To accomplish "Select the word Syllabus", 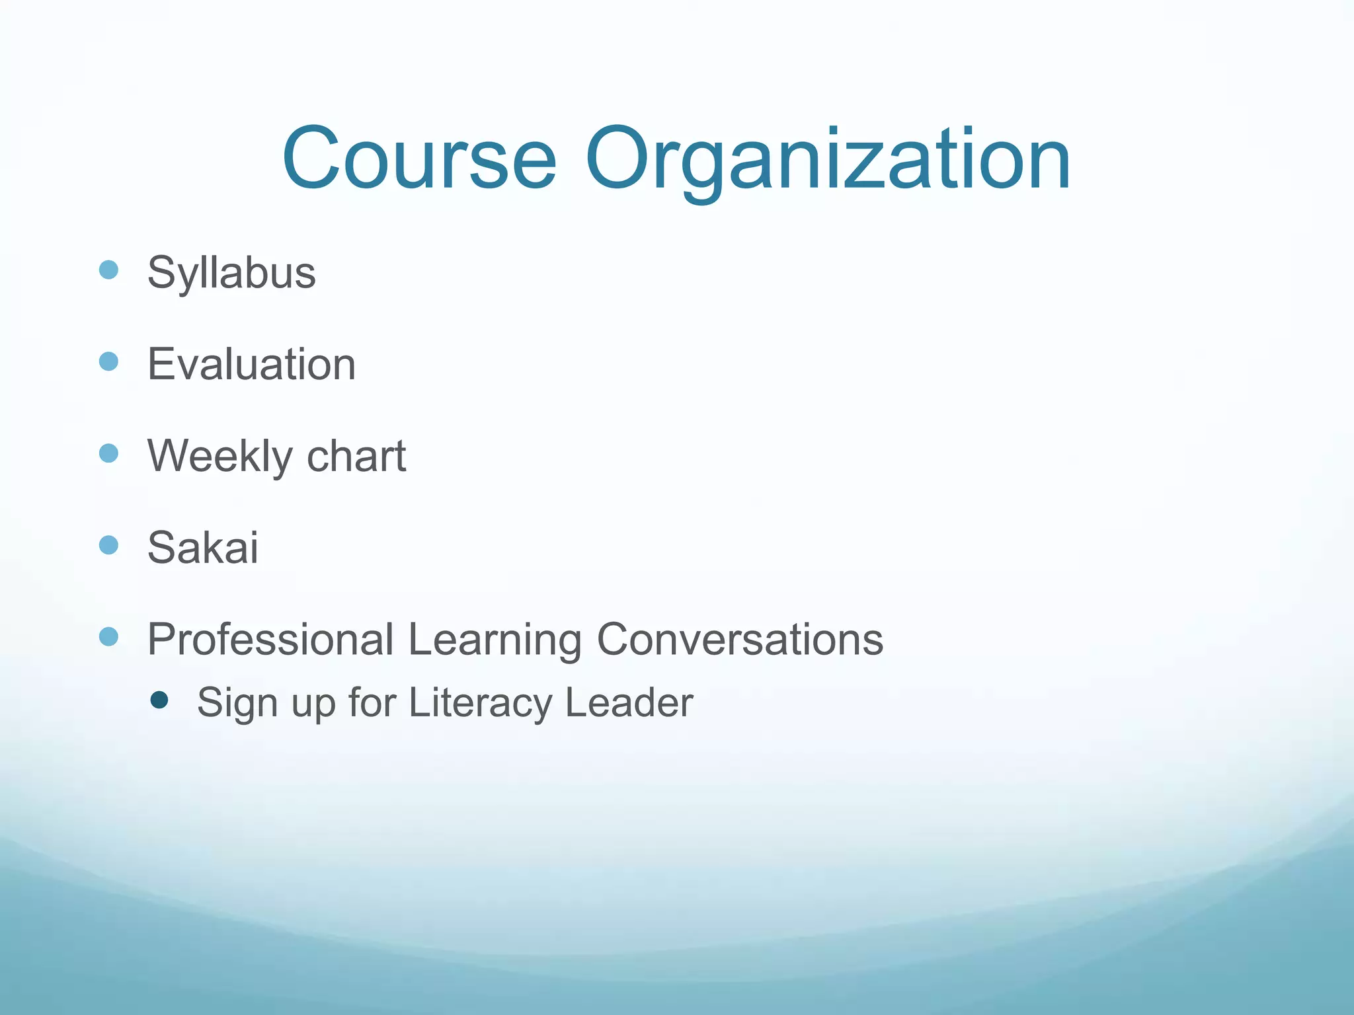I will click(231, 272).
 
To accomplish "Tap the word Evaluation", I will click(251, 364).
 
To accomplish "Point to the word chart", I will click(356, 456).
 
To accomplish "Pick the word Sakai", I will click(203, 547).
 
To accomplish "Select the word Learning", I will click(495, 639).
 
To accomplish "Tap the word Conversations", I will click(740, 639).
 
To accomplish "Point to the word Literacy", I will click(480, 702).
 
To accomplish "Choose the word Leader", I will click(629, 702).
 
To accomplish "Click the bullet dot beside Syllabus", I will click(108, 270).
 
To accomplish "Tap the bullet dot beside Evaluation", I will click(108, 361).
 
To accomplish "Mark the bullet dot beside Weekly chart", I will click(108, 453).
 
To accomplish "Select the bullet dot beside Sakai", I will click(108, 545).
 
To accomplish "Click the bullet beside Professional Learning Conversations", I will click(108, 637).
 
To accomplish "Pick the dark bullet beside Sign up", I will click(159, 700).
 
